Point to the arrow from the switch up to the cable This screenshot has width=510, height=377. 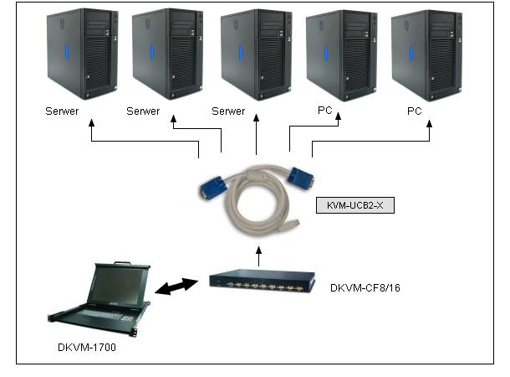click(258, 255)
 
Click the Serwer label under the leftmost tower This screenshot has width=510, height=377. click(64, 111)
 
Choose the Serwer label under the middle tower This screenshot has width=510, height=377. click(228, 111)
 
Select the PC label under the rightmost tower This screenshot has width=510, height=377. click(415, 111)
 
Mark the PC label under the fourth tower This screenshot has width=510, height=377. click(325, 111)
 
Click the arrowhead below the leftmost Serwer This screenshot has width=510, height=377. click(89, 123)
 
